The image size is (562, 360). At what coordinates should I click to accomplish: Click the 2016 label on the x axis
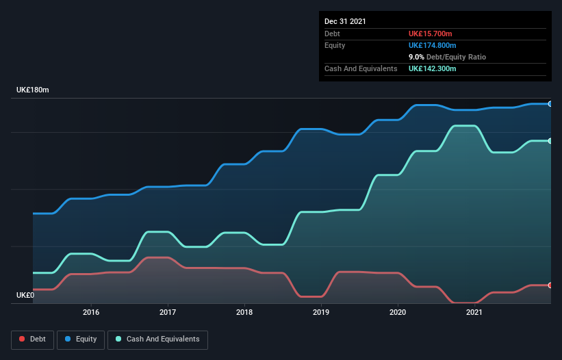coord(91,313)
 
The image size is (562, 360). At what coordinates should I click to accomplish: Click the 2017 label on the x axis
coord(168,313)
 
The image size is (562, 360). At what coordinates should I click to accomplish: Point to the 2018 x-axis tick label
coord(244,313)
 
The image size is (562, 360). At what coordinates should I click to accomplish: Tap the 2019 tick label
coord(321,313)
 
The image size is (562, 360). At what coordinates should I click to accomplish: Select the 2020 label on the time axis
coord(398,313)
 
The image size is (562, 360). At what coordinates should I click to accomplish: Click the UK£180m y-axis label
coord(33,90)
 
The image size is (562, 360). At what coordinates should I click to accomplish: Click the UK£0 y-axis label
coord(25,296)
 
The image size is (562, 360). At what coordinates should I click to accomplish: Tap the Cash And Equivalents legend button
coord(157,339)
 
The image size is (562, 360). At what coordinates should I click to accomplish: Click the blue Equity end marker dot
coord(550,104)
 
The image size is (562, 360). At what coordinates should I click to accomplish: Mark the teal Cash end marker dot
coord(550,141)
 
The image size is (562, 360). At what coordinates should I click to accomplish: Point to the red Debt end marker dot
coord(550,285)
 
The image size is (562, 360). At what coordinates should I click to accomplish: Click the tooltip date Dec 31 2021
coord(345,21)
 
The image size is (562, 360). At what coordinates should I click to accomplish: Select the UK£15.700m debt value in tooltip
coord(431,34)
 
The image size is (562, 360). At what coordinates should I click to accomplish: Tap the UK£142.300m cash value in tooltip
coord(433,68)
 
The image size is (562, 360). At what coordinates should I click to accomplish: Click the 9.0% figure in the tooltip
coord(417,57)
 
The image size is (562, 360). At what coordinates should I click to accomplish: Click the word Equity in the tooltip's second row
coord(335,45)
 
